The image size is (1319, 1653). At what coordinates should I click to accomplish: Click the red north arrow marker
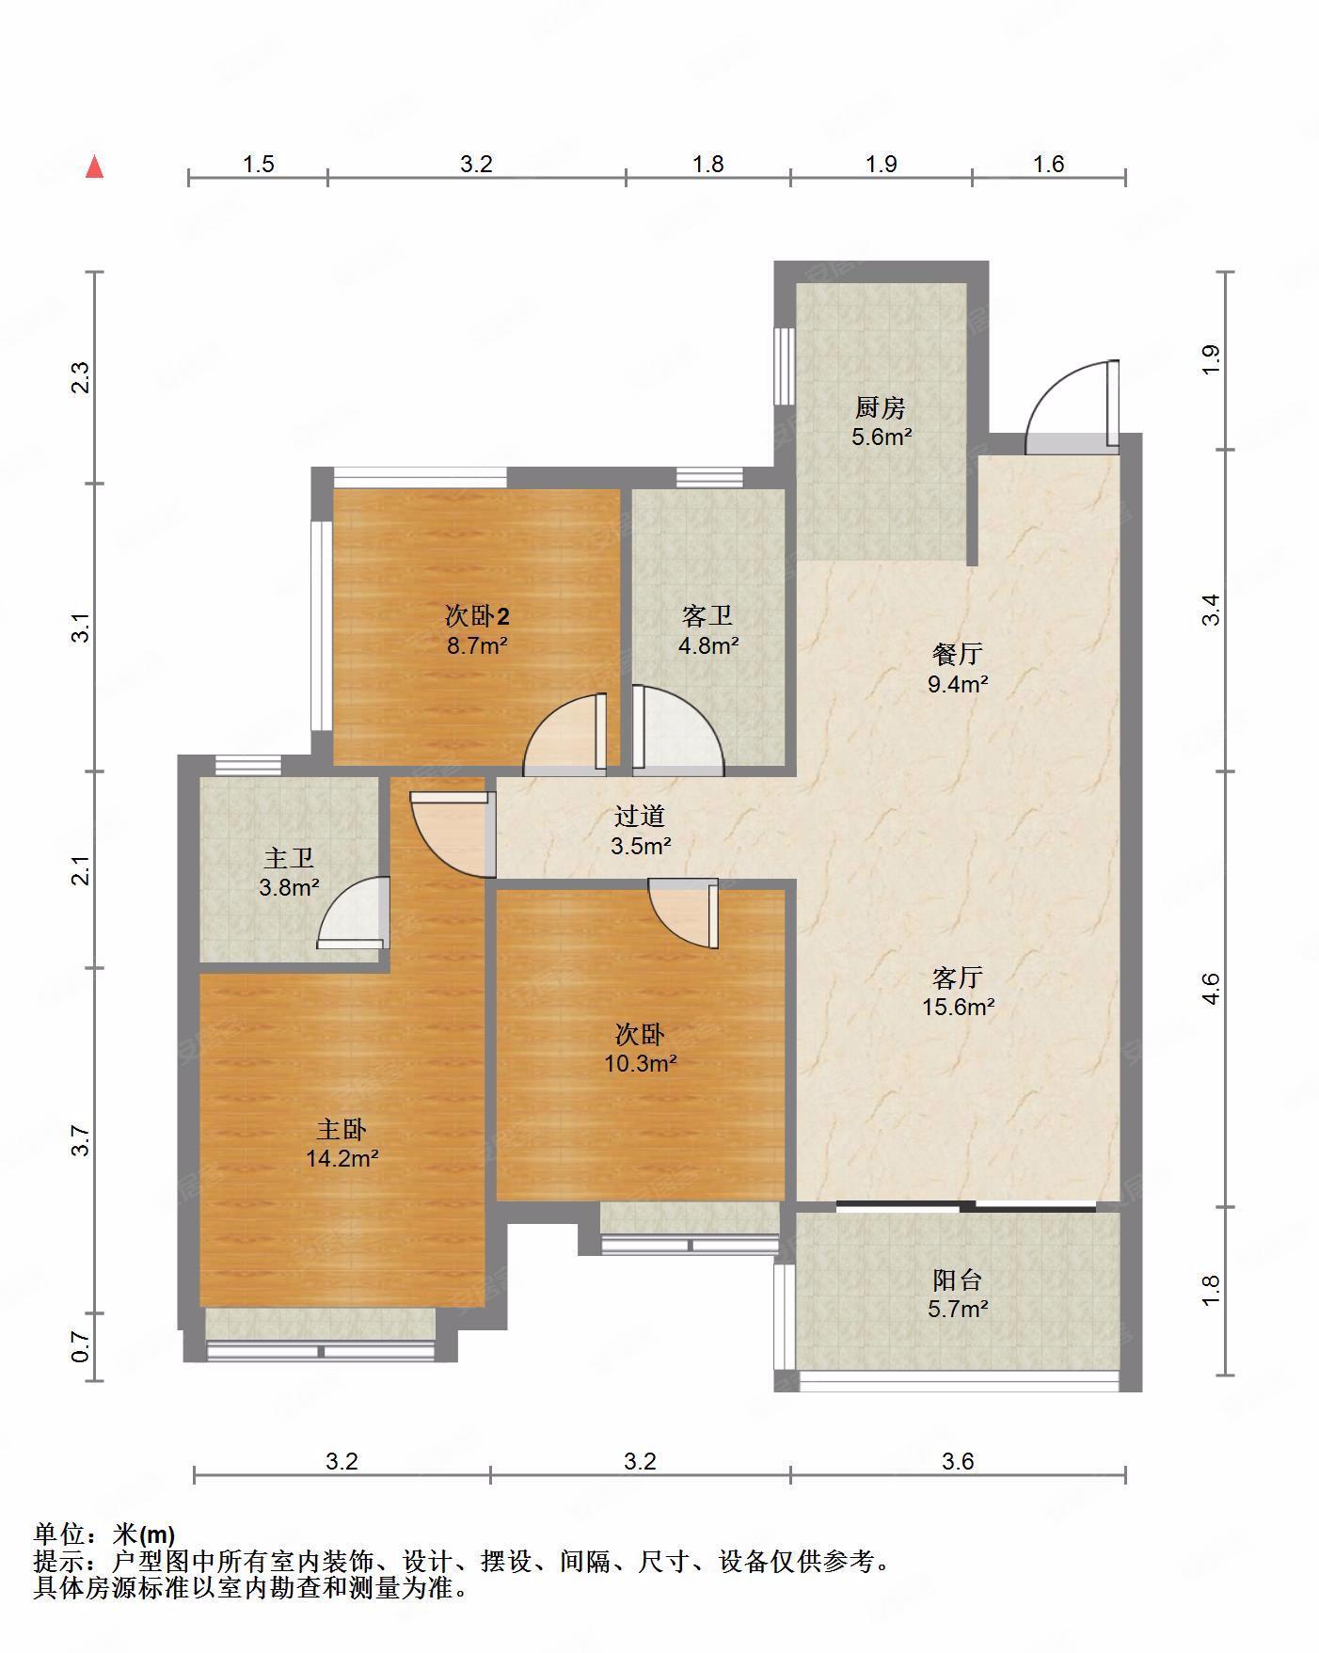[94, 167]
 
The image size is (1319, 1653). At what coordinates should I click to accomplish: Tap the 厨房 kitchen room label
[881, 407]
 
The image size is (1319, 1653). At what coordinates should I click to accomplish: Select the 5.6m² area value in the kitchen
[882, 437]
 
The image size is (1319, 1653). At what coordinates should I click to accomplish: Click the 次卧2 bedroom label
[477, 616]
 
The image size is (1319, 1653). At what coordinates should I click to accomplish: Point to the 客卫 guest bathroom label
[707, 616]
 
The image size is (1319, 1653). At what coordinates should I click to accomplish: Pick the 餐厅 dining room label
[957, 654]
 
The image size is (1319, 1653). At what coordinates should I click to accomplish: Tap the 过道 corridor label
[640, 816]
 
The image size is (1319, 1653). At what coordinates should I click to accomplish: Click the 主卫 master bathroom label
[289, 857]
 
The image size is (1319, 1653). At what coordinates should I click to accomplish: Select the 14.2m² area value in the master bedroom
[342, 1158]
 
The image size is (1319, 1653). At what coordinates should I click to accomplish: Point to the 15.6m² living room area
[958, 1007]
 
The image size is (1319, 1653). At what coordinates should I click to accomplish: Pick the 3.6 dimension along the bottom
[958, 1461]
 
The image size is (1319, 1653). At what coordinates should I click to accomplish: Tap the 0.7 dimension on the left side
[81, 1346]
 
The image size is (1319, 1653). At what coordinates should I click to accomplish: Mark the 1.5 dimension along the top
[258, 165]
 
